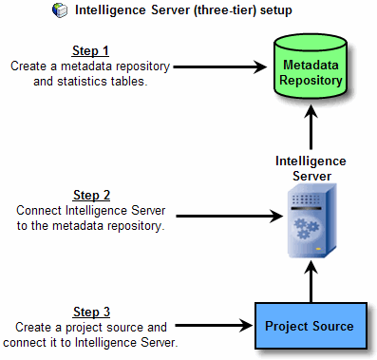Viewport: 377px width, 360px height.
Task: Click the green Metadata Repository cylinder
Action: coord(311,68)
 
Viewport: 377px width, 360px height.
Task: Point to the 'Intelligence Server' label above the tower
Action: coord(311,168)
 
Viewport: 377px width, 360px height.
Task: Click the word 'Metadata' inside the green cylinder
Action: coord(311,65)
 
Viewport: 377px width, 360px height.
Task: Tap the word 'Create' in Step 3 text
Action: coord(36,327)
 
